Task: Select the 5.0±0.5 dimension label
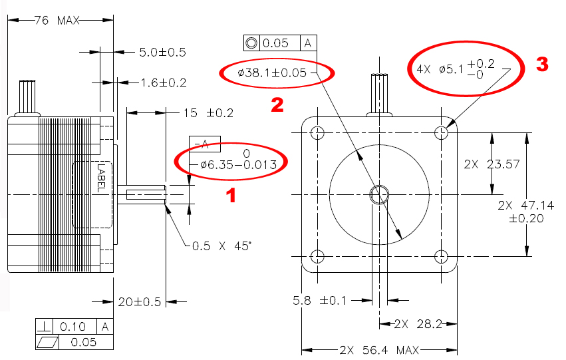[x=162, y=52]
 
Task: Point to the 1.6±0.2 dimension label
[x=163, y=83]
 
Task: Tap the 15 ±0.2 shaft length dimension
[x=208, y=113]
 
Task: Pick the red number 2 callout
[x=276, y=104]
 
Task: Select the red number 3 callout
[x=542, y=64]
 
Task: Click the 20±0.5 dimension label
[x=139, y=302]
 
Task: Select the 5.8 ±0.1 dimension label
[x=319, y=301]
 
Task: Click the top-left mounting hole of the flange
[x=317, y=132]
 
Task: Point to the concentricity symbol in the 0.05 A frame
[x=251, y=43]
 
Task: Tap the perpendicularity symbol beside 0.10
[x=45, y=327]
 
